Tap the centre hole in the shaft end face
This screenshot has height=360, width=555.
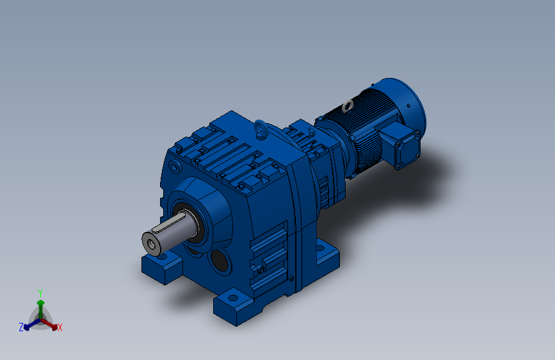[x=152, y=244]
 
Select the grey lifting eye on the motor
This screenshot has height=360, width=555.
[x=348, y=106]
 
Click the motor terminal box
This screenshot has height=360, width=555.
[x=401, y=145]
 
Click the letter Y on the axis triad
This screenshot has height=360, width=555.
[x=40, y=293]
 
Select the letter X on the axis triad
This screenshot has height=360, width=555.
[x=60, y=327]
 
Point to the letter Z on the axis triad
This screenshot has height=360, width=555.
[x=21, y=327]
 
